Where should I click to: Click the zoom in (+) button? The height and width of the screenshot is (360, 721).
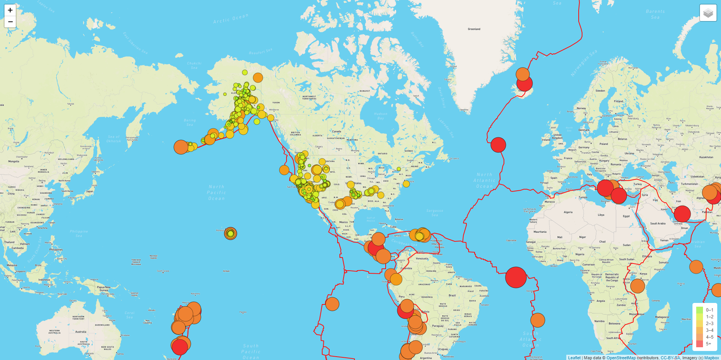[10, 10]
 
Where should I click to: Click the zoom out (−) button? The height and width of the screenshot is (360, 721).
[10, 22]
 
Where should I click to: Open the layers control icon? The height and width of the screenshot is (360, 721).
[708, 13]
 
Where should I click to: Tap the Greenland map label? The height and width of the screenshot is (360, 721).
[474, 29]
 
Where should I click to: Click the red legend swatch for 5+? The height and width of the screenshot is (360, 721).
[699, 343]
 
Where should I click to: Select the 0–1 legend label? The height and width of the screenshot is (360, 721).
[709, 310]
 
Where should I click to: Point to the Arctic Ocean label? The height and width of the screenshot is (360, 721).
[231, 19]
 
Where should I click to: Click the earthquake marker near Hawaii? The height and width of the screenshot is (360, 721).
[231, 233]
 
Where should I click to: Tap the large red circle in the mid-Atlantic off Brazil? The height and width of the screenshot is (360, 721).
[516, 277]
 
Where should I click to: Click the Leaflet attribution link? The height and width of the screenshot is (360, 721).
[574, 358]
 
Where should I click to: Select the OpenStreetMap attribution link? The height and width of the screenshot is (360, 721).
[621, 358]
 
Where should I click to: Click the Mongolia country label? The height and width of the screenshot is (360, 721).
[14, 161]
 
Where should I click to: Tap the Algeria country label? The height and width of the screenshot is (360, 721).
[568, 212]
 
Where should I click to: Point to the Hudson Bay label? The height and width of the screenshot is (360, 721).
[380, 116]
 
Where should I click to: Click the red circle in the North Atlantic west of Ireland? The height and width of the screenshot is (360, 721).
[498, 145]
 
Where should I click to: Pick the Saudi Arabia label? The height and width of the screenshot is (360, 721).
[658, 223]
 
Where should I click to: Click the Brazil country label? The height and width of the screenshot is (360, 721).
[452, 295]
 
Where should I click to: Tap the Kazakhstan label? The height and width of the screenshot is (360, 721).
[706, 157]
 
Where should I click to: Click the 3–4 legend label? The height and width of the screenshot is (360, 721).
[709, 330]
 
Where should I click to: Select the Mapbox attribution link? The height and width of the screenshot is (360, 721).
[711, 358]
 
